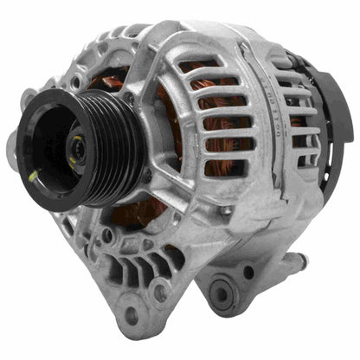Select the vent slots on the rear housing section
point(299,121)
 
